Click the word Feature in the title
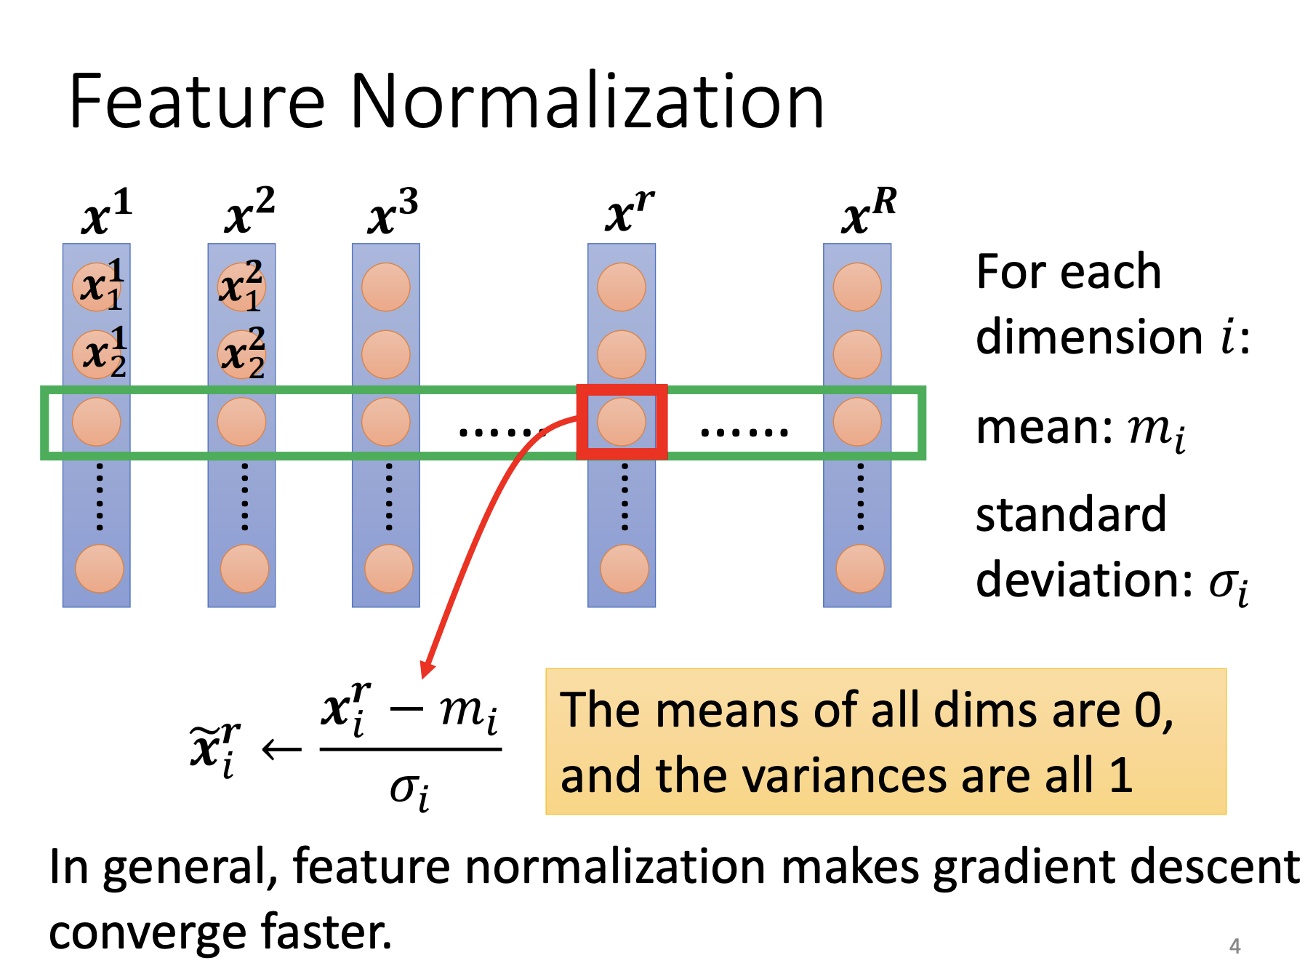(x=196, y=102)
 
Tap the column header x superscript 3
(x=393, y=212)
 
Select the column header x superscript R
(x=868, y=212)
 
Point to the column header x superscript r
(x=629, y=212)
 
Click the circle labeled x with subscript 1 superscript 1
(x=98, y=287)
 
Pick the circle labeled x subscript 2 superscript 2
(x=242, y=354)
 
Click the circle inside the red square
(x=622, y=422)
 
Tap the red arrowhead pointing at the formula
(x=427, y=669)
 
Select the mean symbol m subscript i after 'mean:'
(x=1156, y=430)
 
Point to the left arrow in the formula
(x=281, y=749)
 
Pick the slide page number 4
(x=1234, y=946)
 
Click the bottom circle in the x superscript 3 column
(x=388, y=568)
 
